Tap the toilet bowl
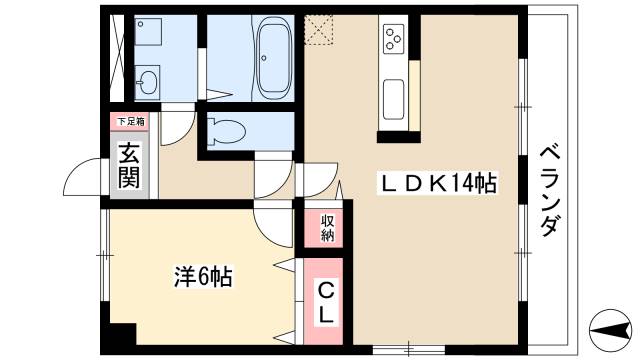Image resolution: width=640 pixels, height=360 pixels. [227, 129]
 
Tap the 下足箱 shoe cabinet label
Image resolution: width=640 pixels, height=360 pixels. [129, 121]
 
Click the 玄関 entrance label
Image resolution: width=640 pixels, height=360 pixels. [129, 165]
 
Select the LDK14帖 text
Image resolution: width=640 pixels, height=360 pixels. [437, 182]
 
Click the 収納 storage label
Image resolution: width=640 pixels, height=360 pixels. [327, 228]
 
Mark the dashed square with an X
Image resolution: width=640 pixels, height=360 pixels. [320, 30]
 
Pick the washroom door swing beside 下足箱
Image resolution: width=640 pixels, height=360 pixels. [178, 124]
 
